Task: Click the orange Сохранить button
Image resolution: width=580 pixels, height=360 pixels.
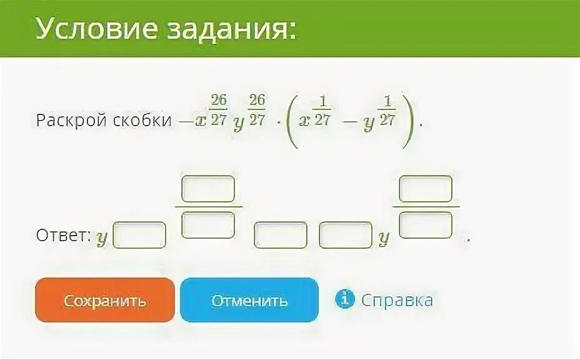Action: pyautogui.click(x=105, y=301)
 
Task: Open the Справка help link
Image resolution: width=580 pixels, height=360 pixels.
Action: pyautogui.click(x=397, y=300)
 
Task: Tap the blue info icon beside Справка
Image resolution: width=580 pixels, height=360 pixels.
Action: pyautogui.click(x=344, y=300)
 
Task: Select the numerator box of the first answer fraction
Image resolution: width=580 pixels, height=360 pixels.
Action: pyautogui.click(x=208, y=189)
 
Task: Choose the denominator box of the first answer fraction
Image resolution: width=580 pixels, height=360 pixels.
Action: pyautogui.click(x=208, y=224)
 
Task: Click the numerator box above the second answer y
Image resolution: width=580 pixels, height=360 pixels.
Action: pyautogui.click(x=426, y=189)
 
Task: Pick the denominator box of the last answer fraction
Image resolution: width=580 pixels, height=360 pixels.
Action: pyautogui.click(x=426, y=224)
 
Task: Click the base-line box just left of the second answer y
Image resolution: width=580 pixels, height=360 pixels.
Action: pyautogui.click(x=345, y=235)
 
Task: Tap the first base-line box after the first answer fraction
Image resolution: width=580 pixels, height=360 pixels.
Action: pyautogui.click(x=281, y=235)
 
